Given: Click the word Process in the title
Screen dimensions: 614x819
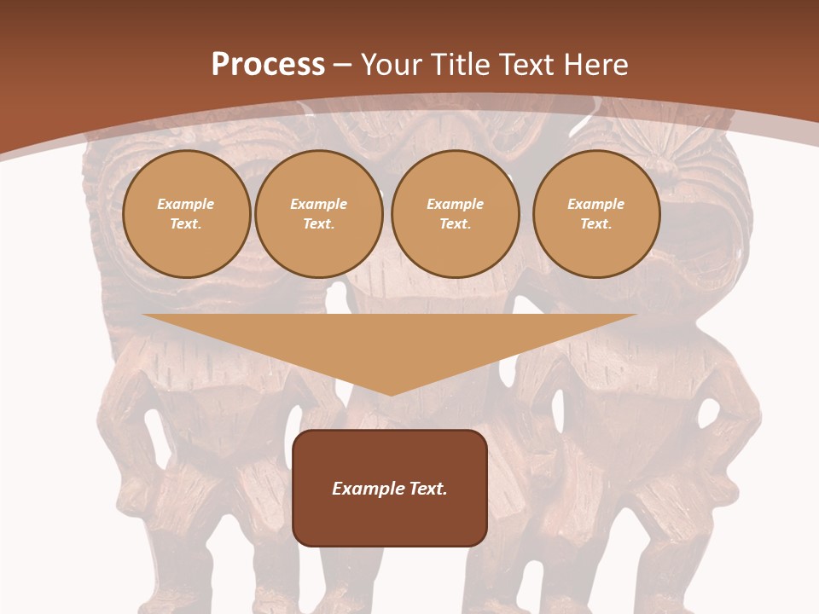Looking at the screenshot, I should click(x=268, y=65).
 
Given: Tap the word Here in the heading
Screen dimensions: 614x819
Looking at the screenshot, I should click(x=595, y=65).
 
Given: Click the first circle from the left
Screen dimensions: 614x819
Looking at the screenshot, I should click(x=186, y=214).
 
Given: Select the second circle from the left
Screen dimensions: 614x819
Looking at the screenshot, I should click(x=319, y=214).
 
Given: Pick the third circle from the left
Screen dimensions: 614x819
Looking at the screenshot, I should click(x=455, y=214).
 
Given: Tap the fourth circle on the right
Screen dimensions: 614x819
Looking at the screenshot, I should click(x=596, y=214).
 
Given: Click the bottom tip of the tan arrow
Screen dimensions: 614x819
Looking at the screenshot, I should click(x=391, y=394).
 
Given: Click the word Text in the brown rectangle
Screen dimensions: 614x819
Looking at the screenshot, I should click(x=429, y=489).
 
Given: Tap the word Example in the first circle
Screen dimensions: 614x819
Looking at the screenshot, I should click(x=186, y=204).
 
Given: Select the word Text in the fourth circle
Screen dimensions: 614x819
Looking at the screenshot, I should click(x=596, y=224).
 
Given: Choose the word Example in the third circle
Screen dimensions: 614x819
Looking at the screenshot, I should click(x=455, y=204).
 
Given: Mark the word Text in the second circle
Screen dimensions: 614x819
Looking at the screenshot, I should click(x=319, y=224).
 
